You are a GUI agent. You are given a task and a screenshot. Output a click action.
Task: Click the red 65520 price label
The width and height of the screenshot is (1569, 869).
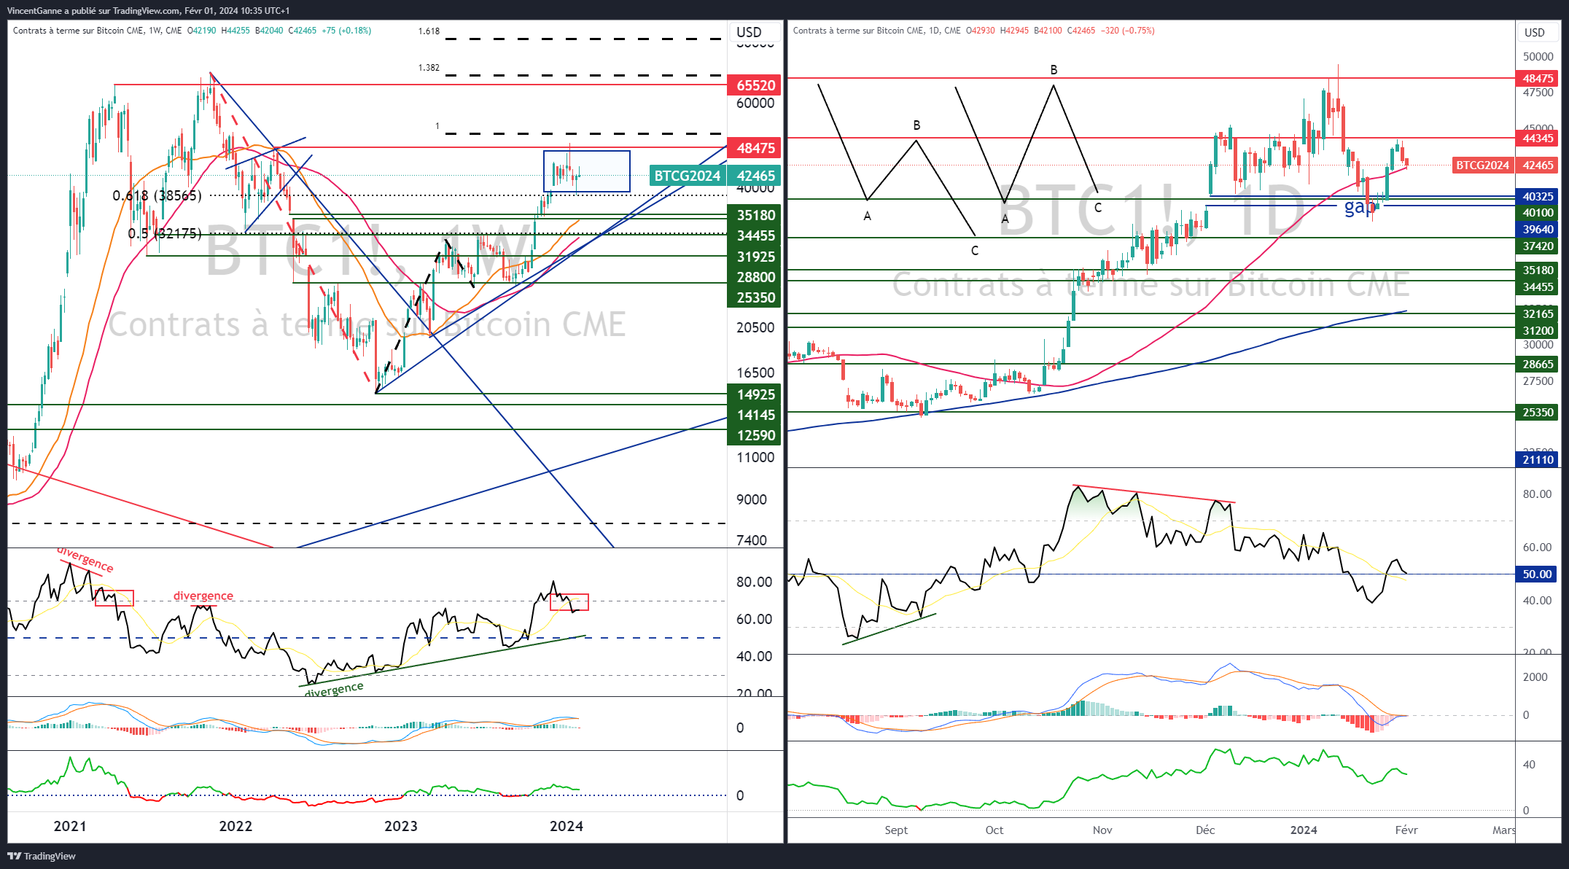[755, 85]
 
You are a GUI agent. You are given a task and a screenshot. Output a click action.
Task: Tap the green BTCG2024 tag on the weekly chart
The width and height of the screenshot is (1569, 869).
[686, 176]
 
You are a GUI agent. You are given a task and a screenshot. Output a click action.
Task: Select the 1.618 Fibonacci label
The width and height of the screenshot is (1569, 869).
[429, 31]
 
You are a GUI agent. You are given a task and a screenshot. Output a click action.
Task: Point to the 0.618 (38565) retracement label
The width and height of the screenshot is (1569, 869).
[157, 195]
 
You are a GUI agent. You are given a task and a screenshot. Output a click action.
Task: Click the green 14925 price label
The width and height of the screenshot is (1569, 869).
[755, 394]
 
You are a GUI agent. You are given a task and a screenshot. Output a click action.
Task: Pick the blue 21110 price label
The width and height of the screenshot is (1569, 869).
[1537, 459]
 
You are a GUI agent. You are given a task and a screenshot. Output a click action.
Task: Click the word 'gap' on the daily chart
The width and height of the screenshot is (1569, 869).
[1360, 207]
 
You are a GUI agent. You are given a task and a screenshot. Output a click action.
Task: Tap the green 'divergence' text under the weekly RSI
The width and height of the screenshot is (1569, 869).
[334, 689]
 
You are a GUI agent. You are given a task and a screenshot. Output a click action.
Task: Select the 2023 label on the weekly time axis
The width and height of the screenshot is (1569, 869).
[401, 826]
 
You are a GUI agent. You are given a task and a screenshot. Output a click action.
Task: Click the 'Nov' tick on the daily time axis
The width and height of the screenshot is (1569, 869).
[1102, 830]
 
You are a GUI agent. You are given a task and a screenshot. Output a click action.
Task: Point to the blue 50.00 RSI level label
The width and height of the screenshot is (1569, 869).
[1537, 574]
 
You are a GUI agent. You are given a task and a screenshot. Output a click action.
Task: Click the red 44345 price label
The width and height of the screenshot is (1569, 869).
[1537, 138]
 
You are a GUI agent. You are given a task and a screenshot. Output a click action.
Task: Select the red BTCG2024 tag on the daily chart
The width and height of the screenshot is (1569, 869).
[1482, 165]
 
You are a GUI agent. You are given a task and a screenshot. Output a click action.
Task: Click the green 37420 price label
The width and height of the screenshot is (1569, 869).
[1537, 246]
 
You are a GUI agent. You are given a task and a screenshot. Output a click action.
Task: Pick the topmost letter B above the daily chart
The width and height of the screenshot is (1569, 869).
[1054, 70]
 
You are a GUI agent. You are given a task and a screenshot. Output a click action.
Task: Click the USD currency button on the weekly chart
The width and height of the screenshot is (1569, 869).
[749, 32]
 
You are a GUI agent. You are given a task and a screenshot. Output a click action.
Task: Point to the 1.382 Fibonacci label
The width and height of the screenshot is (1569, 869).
[429, 68]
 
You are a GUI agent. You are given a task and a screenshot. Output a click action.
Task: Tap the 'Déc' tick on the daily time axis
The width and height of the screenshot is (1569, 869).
[1205, 830]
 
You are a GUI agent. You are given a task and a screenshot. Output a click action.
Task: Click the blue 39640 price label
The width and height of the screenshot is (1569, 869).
[1537, 229]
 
